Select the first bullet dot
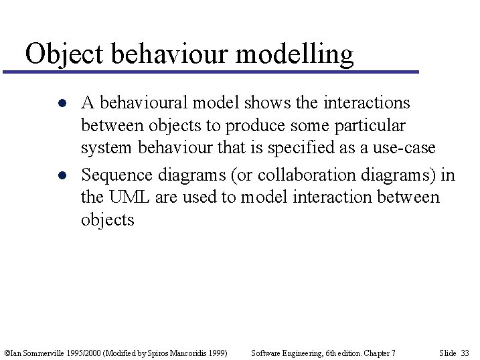tap(61, 104)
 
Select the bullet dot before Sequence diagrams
tap(61, 176)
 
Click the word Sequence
tap(117, 175)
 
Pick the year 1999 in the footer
tap(218, 353)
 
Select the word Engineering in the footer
tap(295, 353)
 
